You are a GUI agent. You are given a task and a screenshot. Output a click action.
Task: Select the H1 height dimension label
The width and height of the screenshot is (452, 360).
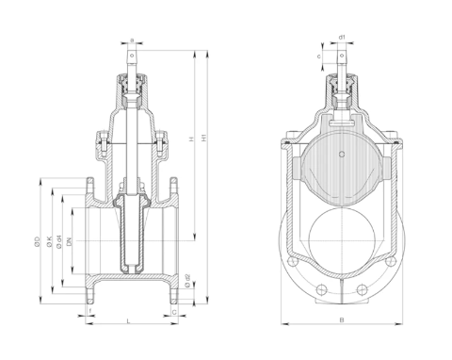(204, 138)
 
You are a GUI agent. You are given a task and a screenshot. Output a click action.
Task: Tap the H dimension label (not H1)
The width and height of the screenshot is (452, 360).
(191, 139)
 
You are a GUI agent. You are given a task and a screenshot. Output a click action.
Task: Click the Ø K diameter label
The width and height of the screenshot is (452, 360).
(48, 243)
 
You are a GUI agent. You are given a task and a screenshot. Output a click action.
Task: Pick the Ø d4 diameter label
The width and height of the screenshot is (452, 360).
(58, 243)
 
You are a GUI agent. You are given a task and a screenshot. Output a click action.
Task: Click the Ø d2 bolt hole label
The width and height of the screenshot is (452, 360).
(188, 280)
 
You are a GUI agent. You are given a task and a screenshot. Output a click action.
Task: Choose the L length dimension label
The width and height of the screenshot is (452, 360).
(129, 322)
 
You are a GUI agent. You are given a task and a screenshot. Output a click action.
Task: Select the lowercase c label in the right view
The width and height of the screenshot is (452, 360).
(319, 57)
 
